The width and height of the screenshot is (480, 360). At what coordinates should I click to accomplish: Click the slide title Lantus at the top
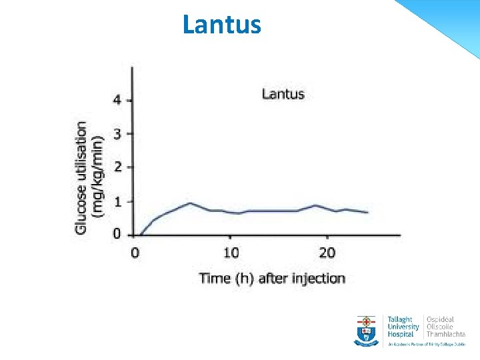tap(222, 24)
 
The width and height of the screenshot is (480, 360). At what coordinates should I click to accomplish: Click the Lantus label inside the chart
tap(283, 94)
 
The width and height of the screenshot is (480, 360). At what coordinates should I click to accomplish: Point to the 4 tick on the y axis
tap(117, 100)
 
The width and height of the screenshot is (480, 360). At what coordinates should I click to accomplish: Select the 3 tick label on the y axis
tap(117, 134)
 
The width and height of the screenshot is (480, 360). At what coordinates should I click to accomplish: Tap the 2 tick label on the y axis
tap(117, 167)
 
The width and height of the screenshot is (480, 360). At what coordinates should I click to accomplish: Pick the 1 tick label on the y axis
tap(117, 201)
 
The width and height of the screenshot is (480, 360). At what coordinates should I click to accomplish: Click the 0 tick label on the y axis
tap(117, 234)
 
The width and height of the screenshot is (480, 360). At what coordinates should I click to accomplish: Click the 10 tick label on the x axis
tap(231, 253)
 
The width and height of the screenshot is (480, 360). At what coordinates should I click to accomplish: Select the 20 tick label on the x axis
tap(327, 253)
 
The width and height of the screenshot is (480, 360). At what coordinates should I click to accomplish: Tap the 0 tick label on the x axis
tap(135, 253)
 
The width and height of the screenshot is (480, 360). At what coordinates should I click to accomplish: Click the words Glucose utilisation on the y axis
tap(81, 177)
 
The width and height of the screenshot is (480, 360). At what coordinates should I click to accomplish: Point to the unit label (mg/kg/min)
tap(98, 177)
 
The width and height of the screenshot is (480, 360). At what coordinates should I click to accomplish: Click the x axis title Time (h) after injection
tap(272, 278)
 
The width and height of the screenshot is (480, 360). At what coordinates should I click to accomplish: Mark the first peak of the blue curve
tap(190, 203)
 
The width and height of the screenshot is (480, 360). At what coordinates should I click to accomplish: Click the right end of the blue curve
tap(367, 213)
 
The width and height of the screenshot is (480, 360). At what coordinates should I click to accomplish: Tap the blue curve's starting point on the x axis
tap(140, 235)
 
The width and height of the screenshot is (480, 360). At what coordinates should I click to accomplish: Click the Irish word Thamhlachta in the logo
tap(446, 334)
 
